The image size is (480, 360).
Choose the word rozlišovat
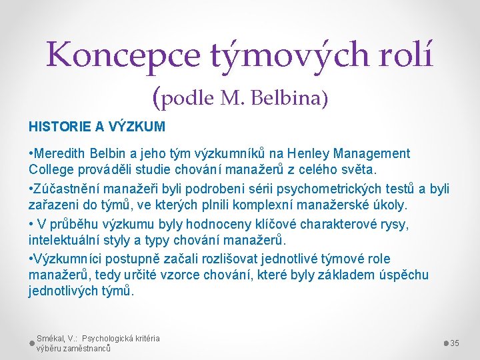pos(209,258)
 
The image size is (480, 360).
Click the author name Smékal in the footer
pos(51,338)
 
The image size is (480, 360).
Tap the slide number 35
pos(455,343)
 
